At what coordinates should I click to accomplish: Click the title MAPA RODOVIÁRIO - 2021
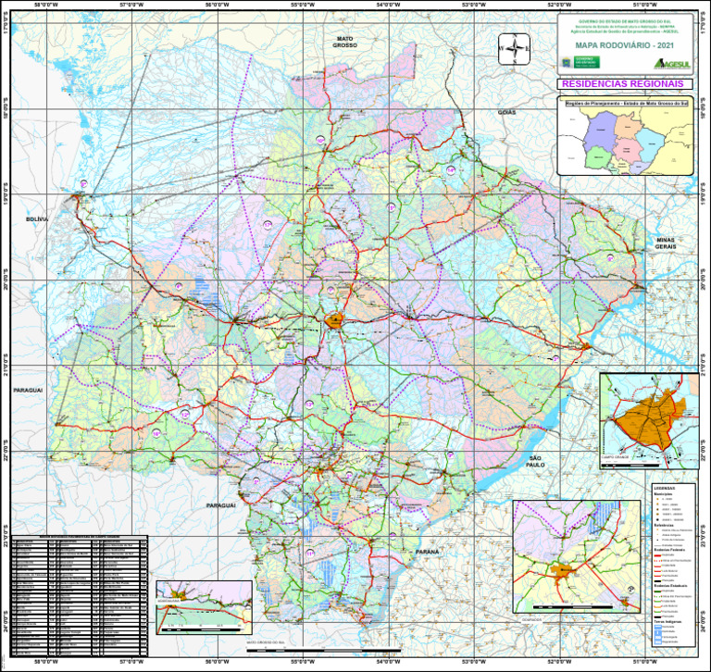pyautogui.click(x=626, y=44)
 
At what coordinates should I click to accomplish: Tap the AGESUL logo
pyautogui.click(x=673, y=62)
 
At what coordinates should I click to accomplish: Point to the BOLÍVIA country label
pyautogui.click(x=36, y=218)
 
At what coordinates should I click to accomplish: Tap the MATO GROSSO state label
pyautogui.click(x=345, y=41)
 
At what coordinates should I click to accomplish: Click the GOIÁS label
pyautogui.click(x=506, y=111)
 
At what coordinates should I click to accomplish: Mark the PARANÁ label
pyautogui.click(x=427, y=552)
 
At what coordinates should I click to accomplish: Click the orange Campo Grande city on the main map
pyautogui.click(x=333, y=321)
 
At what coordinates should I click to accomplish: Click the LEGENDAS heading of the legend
pyautogui.click(x=664, y=488)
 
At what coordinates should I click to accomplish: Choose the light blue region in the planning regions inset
pyautogui.click(x=651, y=144)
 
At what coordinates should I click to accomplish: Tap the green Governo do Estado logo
pyautogui.click(x=586, y=62)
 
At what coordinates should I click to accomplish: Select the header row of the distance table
pyautogui.click(x=79, y=536)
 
